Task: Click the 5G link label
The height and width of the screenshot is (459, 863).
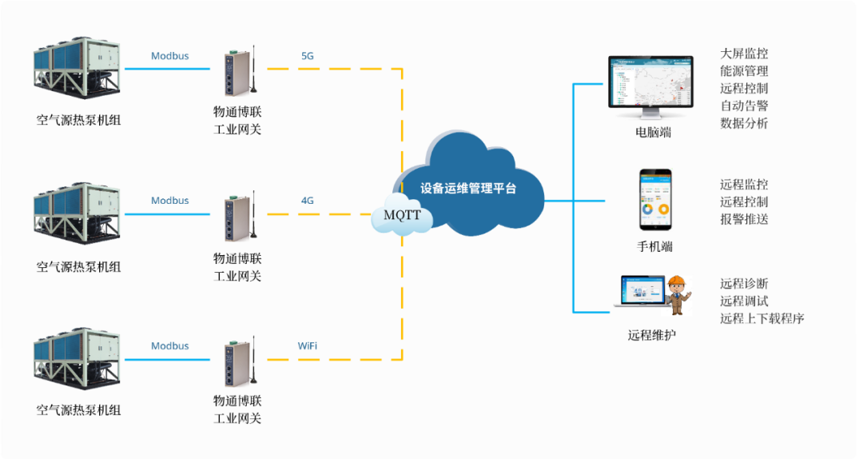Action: [x=308, y=56]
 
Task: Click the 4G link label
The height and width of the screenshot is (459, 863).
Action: [x=308, y=200]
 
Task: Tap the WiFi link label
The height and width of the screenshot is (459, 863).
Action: [x=308, y=346]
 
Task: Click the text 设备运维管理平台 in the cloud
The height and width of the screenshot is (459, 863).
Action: [x=469, y=189]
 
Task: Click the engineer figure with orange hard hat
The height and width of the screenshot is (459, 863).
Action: [x=678, y=295]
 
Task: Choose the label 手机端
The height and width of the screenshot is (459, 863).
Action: [x=654, y=246]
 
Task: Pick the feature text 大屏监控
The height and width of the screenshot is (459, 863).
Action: [x=744, y=54]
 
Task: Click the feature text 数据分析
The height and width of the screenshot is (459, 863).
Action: [x=744, y=123]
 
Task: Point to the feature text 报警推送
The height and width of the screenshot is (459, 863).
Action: [x=744, y=219]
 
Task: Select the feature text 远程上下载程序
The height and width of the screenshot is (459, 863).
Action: [x=762, y=318]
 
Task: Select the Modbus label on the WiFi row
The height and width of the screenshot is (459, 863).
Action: [x=170, y=346]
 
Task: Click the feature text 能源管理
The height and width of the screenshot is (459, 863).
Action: [x=744, y=71]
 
